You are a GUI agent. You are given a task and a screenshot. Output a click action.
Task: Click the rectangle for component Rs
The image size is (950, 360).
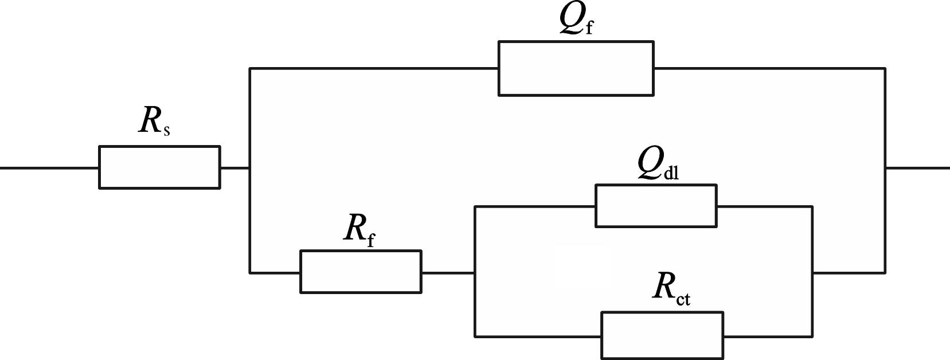point(159,167)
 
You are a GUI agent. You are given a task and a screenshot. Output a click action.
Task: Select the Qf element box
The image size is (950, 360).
point(576,68)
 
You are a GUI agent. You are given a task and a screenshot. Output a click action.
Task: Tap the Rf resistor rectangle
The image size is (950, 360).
point(361,272)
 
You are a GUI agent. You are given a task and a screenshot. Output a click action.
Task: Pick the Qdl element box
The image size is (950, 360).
point(656,206)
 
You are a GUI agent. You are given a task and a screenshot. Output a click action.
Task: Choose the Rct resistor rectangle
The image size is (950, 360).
point(662,335)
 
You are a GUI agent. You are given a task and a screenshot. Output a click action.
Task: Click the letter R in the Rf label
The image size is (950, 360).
point(355,228)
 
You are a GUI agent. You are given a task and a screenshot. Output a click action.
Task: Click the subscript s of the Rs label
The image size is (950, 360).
point(166,131)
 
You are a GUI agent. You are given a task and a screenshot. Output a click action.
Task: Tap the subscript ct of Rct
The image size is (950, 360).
point(683,299)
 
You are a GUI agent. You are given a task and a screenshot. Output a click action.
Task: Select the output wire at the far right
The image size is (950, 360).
point(917,168)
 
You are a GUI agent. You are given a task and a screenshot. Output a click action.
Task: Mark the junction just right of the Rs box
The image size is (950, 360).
point(249,168)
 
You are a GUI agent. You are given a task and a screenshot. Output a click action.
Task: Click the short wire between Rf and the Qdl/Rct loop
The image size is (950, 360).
point(448,273)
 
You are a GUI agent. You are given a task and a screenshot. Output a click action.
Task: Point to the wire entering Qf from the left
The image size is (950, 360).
point(373,68)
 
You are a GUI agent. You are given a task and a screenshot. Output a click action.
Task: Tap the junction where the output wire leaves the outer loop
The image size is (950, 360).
point(885,168)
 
